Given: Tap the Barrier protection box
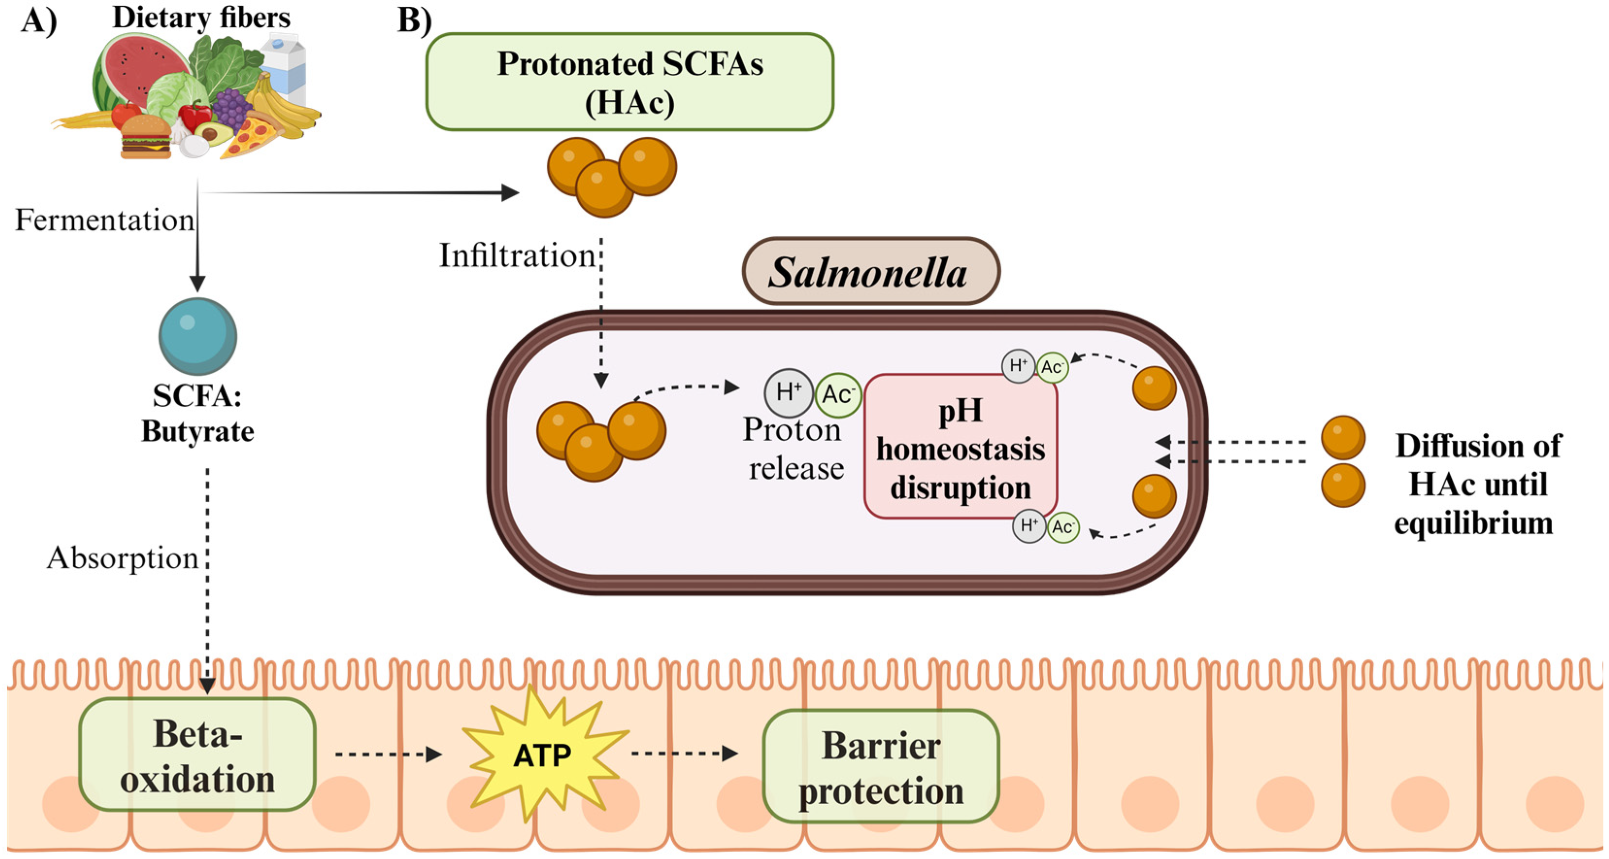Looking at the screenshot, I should pyautogui.click(x=880, y=766).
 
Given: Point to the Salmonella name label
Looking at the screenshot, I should pyautogui.click(x=870, y=272).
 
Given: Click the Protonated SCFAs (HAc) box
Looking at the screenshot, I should pyautogui.click(x=630, y=82).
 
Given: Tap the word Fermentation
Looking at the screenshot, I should pyautogui.click(x=104, y=220).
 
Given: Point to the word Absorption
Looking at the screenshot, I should pyautogui.click(x=122, y=557).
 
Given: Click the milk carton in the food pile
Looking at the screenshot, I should pyautogui.click(x=284, y=66).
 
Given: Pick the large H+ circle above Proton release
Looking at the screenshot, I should pyautogui.click(x=788, y=393).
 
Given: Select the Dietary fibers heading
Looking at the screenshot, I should pyautogui.click(x=201, y=17).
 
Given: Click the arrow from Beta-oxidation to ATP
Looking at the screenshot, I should pyautogui.click(x=387, y=754).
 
